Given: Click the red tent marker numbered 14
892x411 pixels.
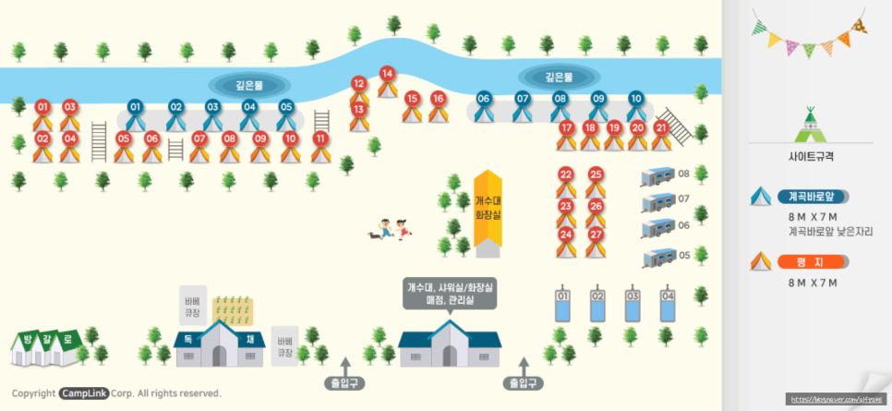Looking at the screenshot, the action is tap(387, 75).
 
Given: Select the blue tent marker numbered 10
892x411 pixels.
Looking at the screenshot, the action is tap(635, 100).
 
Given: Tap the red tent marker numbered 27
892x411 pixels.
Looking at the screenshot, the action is tap(596, 236).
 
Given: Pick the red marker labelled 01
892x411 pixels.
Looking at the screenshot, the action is tap(42, 107).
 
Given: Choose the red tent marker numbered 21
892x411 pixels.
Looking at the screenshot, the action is tap(660, 129).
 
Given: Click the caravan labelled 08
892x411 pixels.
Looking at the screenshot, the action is tap(658, 175).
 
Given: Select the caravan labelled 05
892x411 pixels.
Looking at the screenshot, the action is tap(658, 256).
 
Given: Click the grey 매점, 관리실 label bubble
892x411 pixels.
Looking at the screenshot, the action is tap(450, 292).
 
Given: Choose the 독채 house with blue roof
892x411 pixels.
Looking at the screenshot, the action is tap(220, 343).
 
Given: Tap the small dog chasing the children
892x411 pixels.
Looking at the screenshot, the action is tap(373, 235).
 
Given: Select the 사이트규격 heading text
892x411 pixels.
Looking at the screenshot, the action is tap(810, 157).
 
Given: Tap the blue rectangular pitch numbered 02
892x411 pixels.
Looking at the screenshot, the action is tap(597, 304).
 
